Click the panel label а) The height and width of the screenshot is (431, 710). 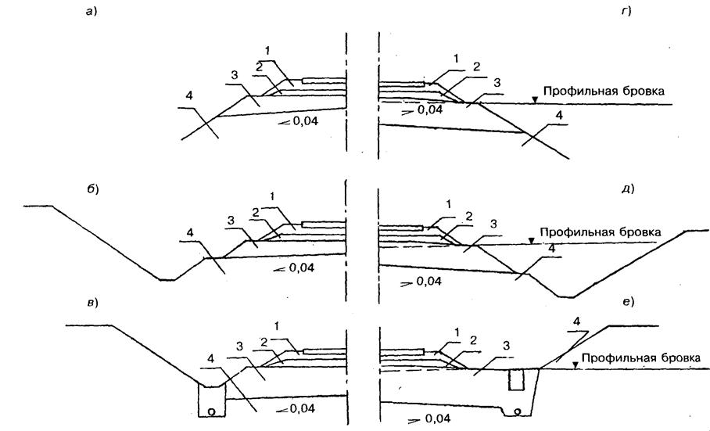[92, 12]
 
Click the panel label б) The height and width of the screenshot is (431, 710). [93, 189]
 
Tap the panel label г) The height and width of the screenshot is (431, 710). [626, 12]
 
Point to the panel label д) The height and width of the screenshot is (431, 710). [628, 189]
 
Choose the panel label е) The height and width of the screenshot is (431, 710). [629, 301]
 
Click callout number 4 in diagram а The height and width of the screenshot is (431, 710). [189, 96]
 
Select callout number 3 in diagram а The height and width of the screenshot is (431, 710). [234, 76]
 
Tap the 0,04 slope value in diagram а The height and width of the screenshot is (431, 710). [305, 121]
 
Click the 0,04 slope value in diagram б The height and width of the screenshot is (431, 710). [301, 268]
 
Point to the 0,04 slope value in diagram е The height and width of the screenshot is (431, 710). [437, 418]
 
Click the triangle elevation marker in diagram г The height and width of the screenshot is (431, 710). [535, 99]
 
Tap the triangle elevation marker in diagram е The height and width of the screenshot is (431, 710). [575, 365]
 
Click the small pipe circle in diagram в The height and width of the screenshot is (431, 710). [211, 411]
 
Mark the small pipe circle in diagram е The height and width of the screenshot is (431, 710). [518, 411]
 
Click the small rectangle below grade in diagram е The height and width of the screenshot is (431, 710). [516, 380]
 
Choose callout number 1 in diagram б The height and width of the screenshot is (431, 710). [272, 196]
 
